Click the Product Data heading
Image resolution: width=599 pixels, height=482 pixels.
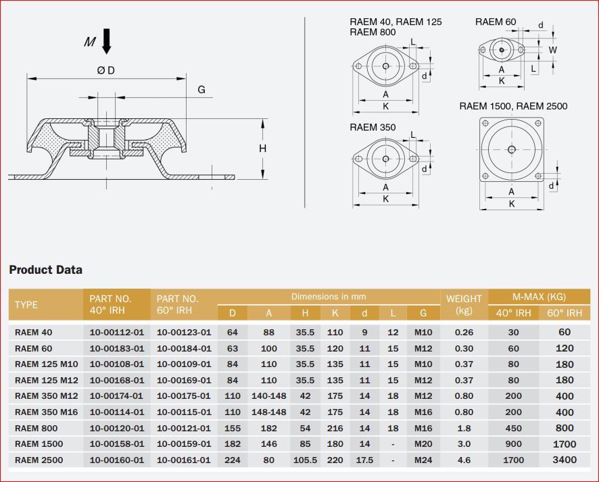tap(45, 270)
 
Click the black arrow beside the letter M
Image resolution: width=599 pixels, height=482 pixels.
tap(107, 41)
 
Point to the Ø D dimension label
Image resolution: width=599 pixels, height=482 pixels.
tap(106, 70)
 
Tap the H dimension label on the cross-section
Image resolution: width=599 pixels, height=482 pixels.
tap(263, 148)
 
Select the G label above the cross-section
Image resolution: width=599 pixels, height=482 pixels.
tap(201, 89)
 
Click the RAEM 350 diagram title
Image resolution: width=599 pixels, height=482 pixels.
tap(373, 127)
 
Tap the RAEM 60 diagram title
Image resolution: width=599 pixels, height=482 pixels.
tap(496, 22)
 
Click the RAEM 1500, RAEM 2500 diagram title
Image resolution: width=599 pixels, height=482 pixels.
tap(513, 105)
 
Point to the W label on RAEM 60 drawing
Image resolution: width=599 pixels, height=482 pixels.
tap(553, 49)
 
